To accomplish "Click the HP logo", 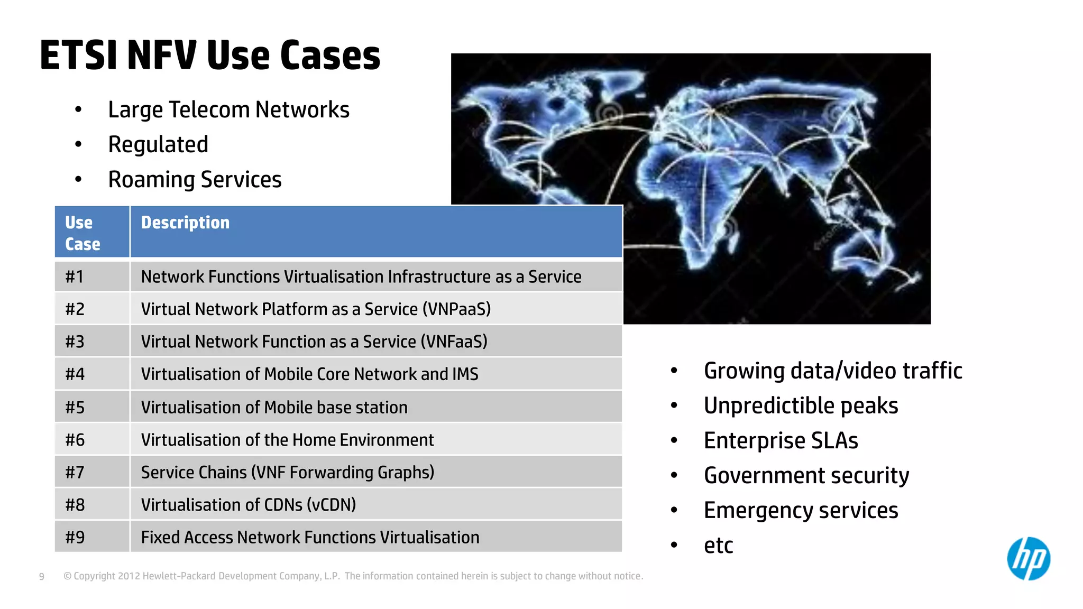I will [1028, 559].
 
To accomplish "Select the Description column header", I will [185, 223].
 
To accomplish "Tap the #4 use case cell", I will [75, 374].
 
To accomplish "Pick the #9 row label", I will [75, 537].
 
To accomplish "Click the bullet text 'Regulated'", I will [158, 145].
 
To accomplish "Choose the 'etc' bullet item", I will [718, 546].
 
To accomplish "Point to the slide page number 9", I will [42, 577].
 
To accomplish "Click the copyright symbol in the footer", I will [67, 576].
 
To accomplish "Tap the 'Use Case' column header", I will [82, 233].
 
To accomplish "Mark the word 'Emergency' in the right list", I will [757, 511].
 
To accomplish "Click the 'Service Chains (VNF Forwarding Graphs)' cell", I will [287, 472].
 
